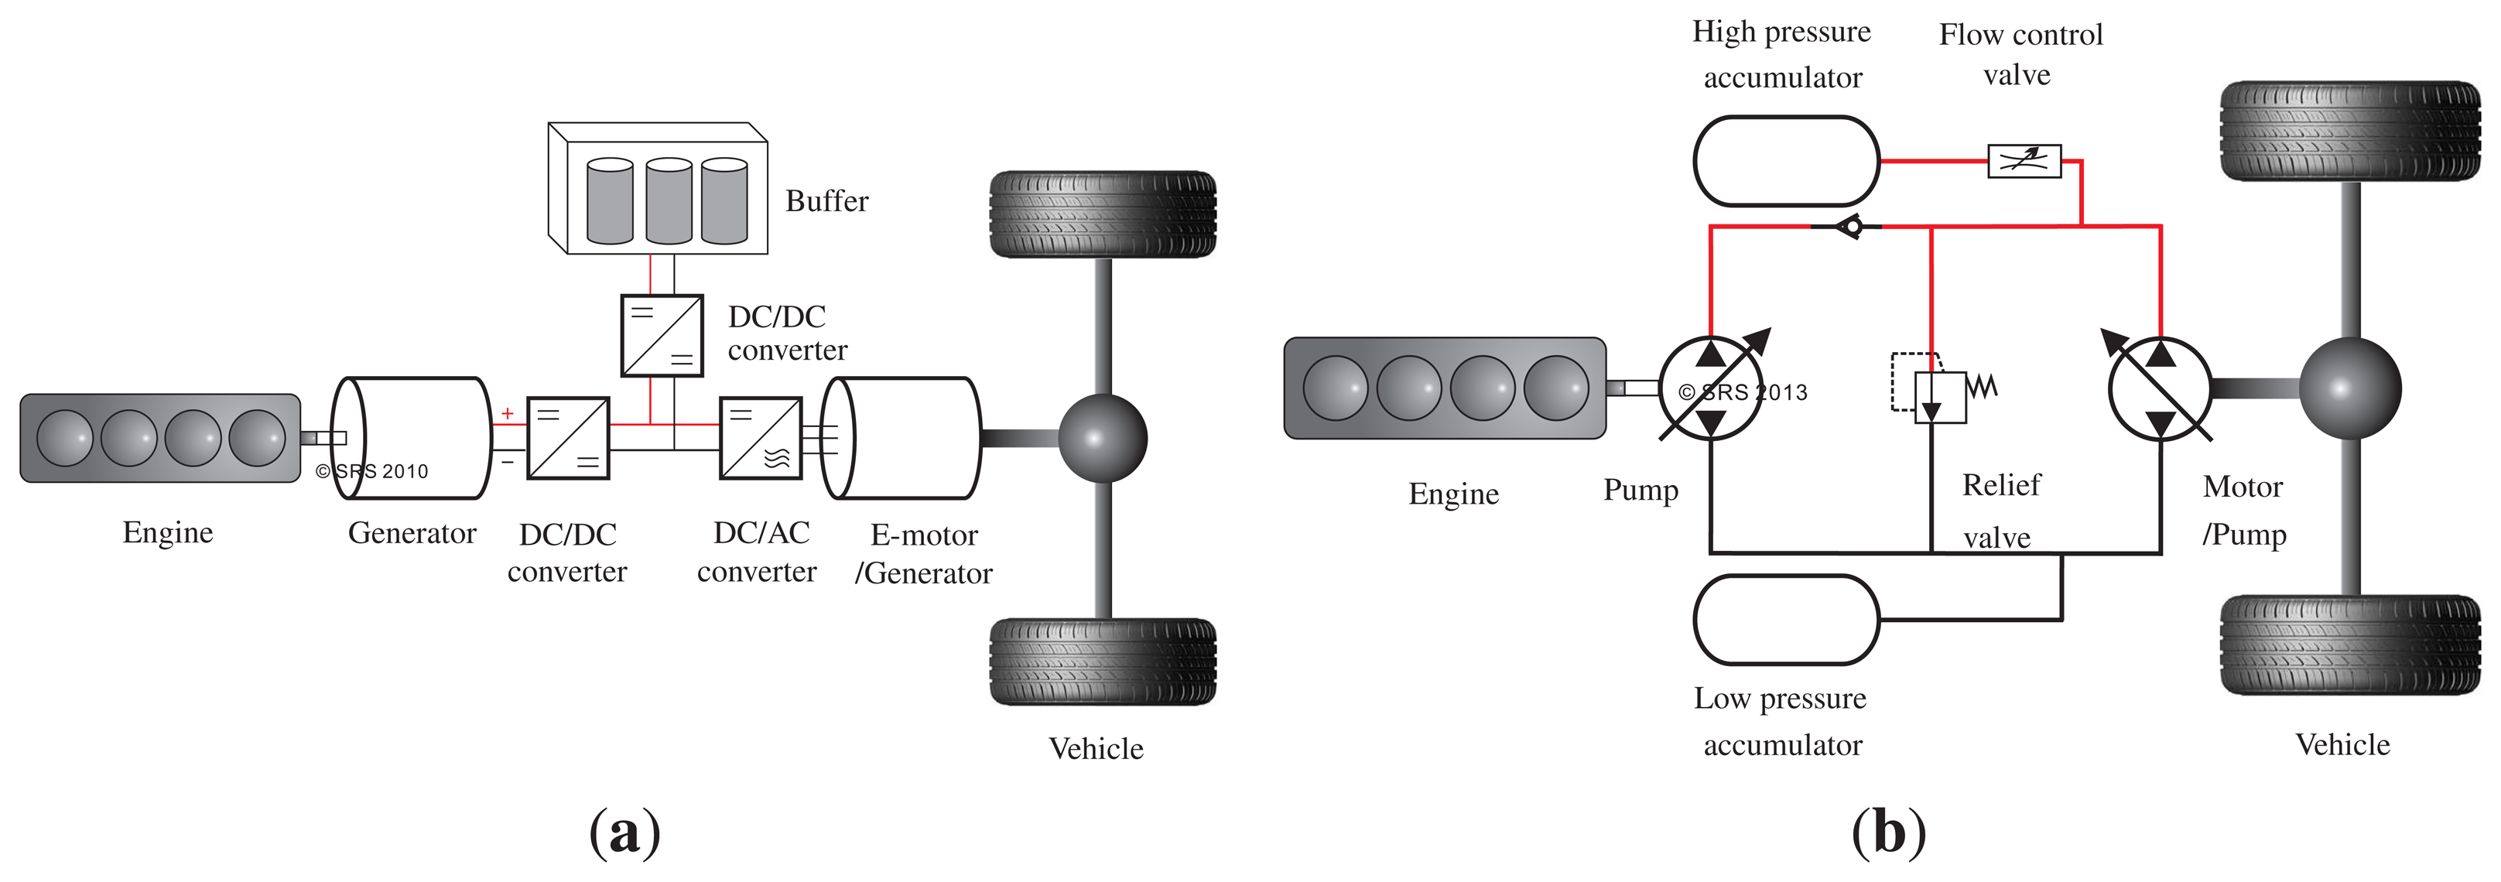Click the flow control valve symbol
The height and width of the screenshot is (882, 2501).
pos(2024,161)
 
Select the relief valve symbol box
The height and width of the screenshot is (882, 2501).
pos(1940,397)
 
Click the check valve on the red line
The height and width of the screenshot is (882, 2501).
pos(1850,227)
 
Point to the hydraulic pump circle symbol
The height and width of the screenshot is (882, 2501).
pos(1711,389)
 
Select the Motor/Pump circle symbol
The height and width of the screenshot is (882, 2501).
pos(2161,389)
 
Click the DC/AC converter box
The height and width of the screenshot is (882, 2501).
pos(760,438)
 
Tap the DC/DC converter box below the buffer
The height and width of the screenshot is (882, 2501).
pos(661,335)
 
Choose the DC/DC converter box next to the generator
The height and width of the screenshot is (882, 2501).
pos(568,438)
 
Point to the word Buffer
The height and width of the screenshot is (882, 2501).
pos(826,201)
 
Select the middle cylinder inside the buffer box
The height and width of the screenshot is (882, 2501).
pos(669,201)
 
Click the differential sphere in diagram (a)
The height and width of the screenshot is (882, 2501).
pos(1103,439)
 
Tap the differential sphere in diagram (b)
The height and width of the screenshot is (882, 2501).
pos(2349,388)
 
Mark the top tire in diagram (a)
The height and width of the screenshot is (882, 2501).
pos(1103,214)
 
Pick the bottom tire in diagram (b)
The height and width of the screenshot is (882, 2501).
pos(2349,645)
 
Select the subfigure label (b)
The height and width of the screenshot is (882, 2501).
pos(1888,832)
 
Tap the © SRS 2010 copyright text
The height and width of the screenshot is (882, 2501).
pos(372,472)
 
